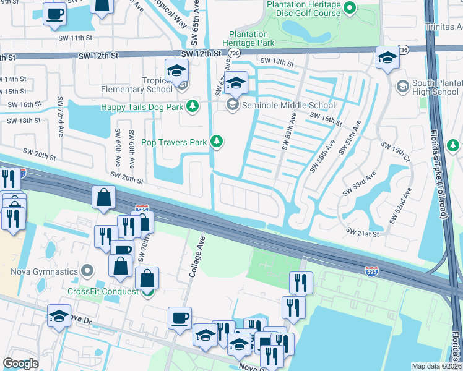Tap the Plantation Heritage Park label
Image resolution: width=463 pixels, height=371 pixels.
[x=251, y=38]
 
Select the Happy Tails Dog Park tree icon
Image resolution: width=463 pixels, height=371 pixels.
[x=193, y=106]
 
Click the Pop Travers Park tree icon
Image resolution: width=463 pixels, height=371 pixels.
[x=216, y=142]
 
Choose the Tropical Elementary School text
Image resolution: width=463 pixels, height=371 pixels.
[x=142, y=85]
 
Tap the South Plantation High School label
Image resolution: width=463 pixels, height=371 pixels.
[x=435, y=88]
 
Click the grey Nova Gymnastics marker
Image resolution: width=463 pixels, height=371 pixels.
[x=87, y=271]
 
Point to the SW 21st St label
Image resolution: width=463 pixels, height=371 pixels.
[x=362, y=232]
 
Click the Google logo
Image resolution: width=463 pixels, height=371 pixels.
[x=20, y=364]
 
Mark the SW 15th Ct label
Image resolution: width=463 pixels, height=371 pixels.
[x=395, y=153]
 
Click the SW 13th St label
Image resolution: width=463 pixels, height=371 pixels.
[x=276, y=61]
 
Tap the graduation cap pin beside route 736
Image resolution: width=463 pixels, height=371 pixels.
[x=387, y=59]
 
